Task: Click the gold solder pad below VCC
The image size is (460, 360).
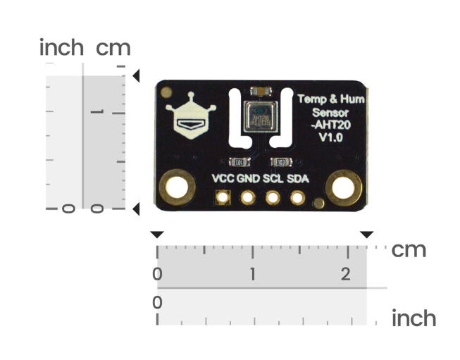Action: [223, 198]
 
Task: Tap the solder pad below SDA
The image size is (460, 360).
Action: [297, 198]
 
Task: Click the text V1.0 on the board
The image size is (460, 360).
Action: [330, 138]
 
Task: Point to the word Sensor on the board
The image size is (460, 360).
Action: [330, 113]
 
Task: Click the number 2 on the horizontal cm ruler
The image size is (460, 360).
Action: [345, 274]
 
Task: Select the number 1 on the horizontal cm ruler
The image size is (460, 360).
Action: [252, 274]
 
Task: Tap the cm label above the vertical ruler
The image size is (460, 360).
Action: [113, 48]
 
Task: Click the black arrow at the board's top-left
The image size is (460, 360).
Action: [137, 75]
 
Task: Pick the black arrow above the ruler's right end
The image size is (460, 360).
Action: [366, 234]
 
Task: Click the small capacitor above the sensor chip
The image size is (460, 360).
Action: [257, 90]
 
